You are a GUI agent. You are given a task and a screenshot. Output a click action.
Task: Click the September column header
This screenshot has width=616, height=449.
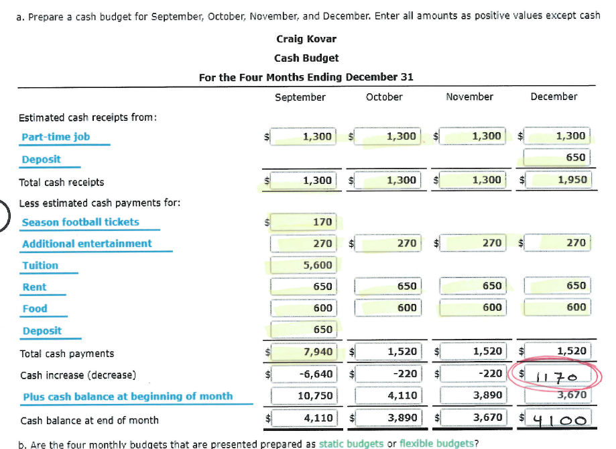tap(300, 97)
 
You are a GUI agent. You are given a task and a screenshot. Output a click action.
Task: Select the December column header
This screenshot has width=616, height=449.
tap(554, 97)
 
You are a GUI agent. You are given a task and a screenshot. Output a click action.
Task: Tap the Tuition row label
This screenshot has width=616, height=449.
tap(40, 265)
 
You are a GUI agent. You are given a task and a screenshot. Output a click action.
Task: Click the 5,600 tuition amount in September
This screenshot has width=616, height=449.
tap(317, 265)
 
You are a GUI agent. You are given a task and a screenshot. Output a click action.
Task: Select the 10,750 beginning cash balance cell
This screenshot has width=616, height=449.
tap(312, 395)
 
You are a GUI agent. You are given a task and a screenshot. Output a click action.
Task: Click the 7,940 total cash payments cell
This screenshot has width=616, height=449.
tap(316, 351)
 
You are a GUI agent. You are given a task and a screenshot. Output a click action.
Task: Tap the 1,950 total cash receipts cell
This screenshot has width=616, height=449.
tap(570, 180)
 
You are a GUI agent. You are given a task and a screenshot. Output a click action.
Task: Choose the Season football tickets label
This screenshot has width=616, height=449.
tap(80, 222)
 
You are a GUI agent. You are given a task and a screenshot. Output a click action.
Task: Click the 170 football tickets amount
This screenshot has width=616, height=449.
tap(322, 222)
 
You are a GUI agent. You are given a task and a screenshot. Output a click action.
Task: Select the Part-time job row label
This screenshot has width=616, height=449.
tap(56, 137)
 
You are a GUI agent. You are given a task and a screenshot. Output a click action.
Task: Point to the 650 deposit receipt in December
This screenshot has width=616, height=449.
tap(575, 158)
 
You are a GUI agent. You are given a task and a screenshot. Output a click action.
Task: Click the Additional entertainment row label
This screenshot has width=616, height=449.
tap(87, 244)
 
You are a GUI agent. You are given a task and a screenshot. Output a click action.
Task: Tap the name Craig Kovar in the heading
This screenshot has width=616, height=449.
tap(306, 39)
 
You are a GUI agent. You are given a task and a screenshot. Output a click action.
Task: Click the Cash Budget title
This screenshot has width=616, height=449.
tap(306, 58)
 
